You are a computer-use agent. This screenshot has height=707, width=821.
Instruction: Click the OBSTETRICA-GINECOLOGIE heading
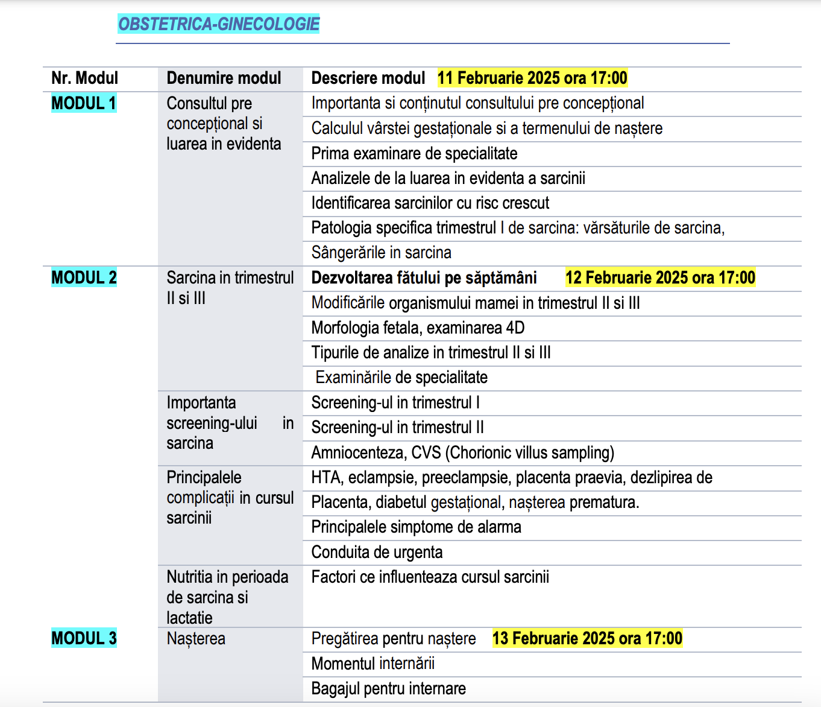coord(218,24)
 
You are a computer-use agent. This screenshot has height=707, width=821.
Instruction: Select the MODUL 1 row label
coord(84,103)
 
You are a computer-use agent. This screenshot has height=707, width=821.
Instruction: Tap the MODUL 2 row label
coord(84,277)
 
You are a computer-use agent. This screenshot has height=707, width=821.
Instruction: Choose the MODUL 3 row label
coord(84,638)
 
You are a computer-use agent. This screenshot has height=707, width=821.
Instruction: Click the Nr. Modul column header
coord(84,78)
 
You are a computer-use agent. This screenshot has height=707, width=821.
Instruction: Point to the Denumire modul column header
coord(224,78)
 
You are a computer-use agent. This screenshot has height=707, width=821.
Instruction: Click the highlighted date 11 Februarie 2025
coord(532,78)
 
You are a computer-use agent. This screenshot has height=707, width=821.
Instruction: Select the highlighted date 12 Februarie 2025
coord(660,277)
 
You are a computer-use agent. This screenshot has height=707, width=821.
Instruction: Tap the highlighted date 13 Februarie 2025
coord(587,638)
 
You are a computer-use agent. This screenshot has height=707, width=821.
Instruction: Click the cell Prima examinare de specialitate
coord(414,153)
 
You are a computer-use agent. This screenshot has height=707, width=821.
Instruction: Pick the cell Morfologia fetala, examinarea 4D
coord(418,328)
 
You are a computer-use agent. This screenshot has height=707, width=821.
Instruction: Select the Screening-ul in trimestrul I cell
coord(395,402)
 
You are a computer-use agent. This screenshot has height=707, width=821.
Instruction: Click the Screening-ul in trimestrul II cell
coord(397,427)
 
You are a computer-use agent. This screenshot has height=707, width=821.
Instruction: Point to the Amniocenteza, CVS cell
coord(462,452)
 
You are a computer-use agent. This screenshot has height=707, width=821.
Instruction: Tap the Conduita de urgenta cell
coord(377,552)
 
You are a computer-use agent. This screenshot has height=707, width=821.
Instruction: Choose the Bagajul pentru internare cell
coord(388,688)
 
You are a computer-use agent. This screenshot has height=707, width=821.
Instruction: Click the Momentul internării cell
coord(373,664)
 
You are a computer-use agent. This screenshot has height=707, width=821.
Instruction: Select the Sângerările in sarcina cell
coord(381,252)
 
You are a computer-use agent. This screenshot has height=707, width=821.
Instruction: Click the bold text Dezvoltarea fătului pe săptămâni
coord(424,277)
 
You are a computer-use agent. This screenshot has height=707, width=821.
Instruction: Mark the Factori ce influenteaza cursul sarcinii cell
coord(430,577)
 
